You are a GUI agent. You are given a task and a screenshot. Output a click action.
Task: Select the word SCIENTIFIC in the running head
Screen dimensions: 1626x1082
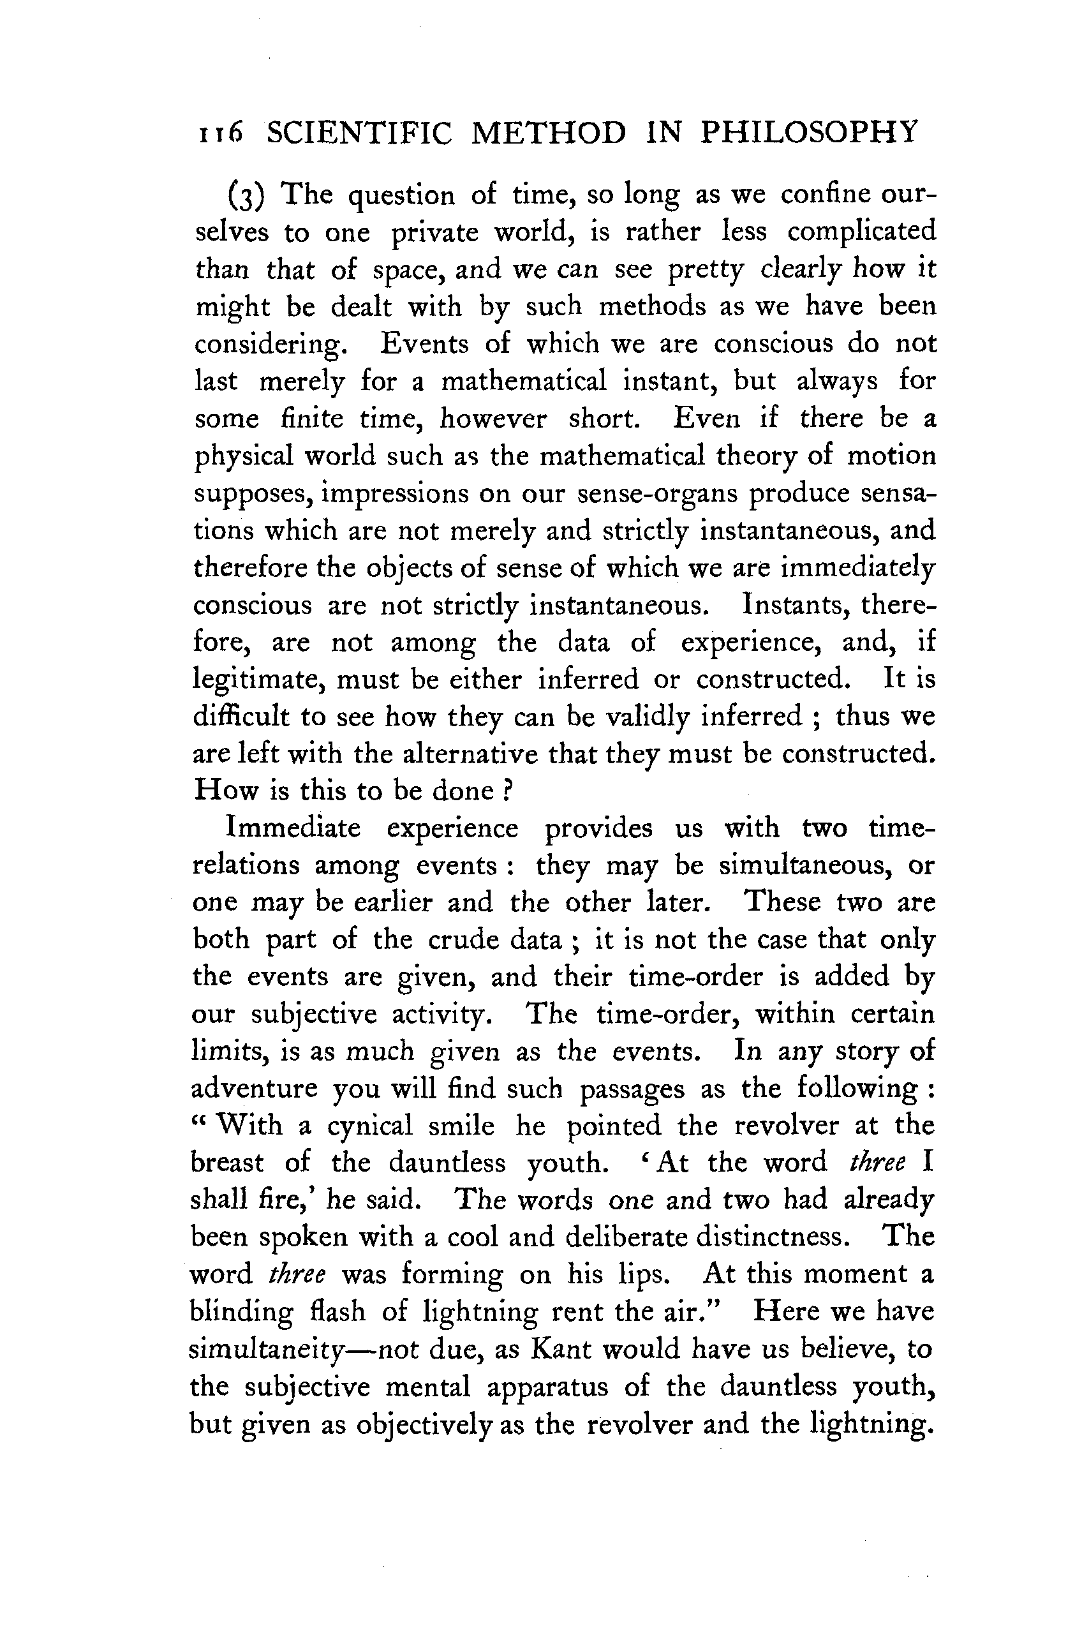click(360, 132)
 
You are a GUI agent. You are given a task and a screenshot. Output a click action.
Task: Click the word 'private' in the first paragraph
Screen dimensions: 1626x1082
click(434, 232)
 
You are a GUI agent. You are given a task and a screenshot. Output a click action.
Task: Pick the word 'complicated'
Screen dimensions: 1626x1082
click(861, 232)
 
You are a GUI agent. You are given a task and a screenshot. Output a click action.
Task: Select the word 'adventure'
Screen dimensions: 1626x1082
click(253, 1089)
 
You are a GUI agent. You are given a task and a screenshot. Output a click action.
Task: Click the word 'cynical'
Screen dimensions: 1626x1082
click(369, 1126)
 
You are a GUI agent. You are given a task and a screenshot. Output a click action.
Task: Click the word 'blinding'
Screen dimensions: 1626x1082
click(241, 1311)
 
